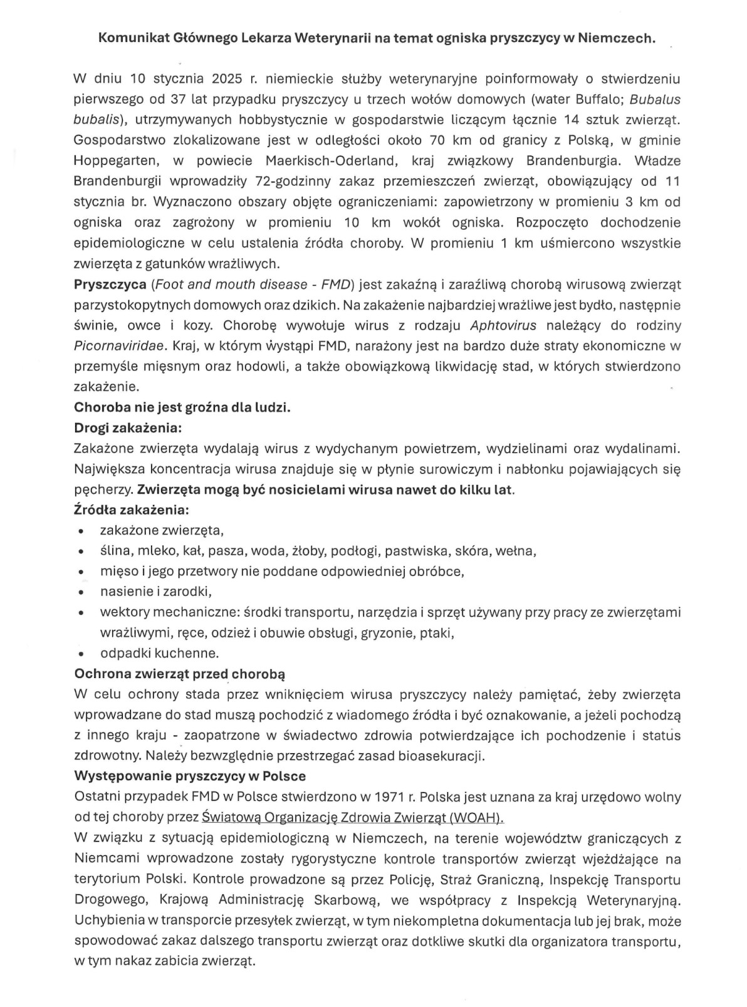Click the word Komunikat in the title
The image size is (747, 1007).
click(130, 38)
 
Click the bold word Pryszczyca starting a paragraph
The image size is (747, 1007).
click(110, 284)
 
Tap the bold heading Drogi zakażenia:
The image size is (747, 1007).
click(128, 428)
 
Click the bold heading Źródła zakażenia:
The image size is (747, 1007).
click(132, 509)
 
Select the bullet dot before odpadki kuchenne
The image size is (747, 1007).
click(81, 654)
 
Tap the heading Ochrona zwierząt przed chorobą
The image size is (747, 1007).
click(179, 674)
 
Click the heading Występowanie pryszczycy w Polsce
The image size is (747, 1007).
click(190, 776)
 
